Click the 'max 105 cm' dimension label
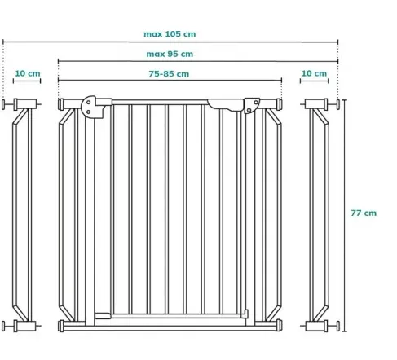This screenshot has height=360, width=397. coord(170,34)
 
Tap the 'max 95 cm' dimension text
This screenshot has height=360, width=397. coord(170,54)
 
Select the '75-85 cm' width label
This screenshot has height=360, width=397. coord(169,74)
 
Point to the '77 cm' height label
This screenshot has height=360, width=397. coord(364,213)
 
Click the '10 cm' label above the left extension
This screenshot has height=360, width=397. coord(28,73)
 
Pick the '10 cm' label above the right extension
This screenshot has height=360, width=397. coord(314,73)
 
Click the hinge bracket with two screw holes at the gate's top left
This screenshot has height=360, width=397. coord(92,107)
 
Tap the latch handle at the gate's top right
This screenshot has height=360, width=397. coord(226,105)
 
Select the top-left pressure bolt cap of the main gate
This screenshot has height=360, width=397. coord(61,104)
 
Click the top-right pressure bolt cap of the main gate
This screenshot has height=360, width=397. coord(279,104)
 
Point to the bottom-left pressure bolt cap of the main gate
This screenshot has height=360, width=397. coord(61,326)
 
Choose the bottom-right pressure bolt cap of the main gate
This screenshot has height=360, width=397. coord(279,325)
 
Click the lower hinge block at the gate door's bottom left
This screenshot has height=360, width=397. coord(103,316)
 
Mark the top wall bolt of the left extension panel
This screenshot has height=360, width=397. coord(3,104)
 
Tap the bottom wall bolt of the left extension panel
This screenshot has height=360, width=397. coord(3,326)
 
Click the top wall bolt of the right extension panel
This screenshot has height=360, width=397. coord(338,104)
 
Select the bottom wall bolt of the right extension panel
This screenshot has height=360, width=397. coord(338,326)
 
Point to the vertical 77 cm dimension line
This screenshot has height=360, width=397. coord(345,216)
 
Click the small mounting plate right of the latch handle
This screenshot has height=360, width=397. coord(252,106)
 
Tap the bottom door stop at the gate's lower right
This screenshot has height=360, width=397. coord(246,314)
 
